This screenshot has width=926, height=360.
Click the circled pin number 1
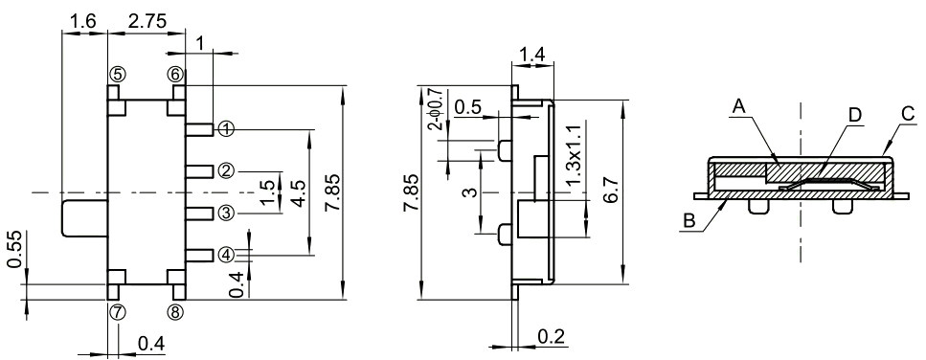coord(226,128)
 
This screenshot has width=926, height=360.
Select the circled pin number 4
coord(226,255)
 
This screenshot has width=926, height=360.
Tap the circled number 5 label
coord(117,75)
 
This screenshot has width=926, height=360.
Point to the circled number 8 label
coord(176,311)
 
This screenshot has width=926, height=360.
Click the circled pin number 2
coord(226,170)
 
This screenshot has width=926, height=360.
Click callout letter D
coord(855,115)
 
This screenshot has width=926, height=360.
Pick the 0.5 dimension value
coord(468,106)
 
